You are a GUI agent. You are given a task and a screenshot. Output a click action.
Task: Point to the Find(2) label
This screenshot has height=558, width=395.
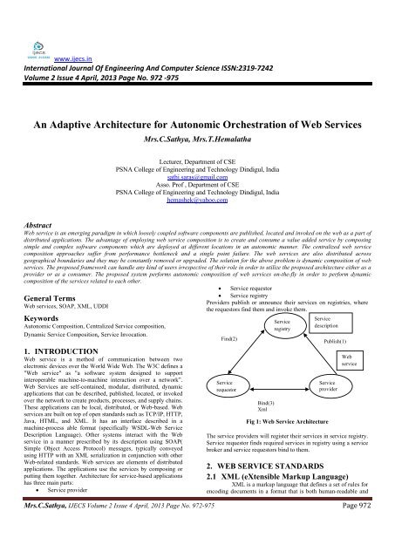point(229,336)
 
